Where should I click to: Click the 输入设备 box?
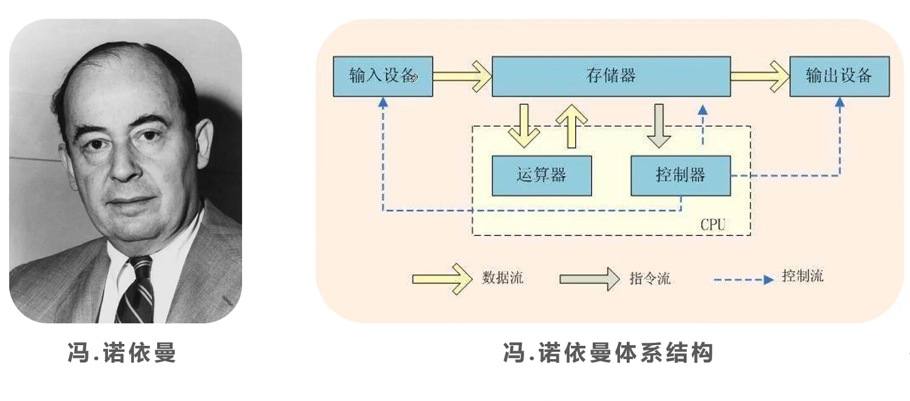(383, 76)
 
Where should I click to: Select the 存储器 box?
(611, 76)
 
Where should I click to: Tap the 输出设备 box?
(839, 76)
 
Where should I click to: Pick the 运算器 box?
(542, 175)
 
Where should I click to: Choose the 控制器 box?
(681, 175)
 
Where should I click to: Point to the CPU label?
(713, 224)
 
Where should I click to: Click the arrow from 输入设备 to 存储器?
(462, 76)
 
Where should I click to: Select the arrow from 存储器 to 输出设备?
(760, 76)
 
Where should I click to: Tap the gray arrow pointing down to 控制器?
(658, 126)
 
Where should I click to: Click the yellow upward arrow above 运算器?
(571, 126)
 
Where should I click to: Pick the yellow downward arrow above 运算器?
(524, 126)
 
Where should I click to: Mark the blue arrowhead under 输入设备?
(383, 103)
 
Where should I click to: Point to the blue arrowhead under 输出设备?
(840, 103)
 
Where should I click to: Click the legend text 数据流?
(502, 278)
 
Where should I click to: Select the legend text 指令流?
(650, 278)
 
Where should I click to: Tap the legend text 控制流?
(803, 276)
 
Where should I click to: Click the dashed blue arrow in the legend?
(743, 280)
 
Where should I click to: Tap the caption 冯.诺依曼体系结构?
(608, 352)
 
